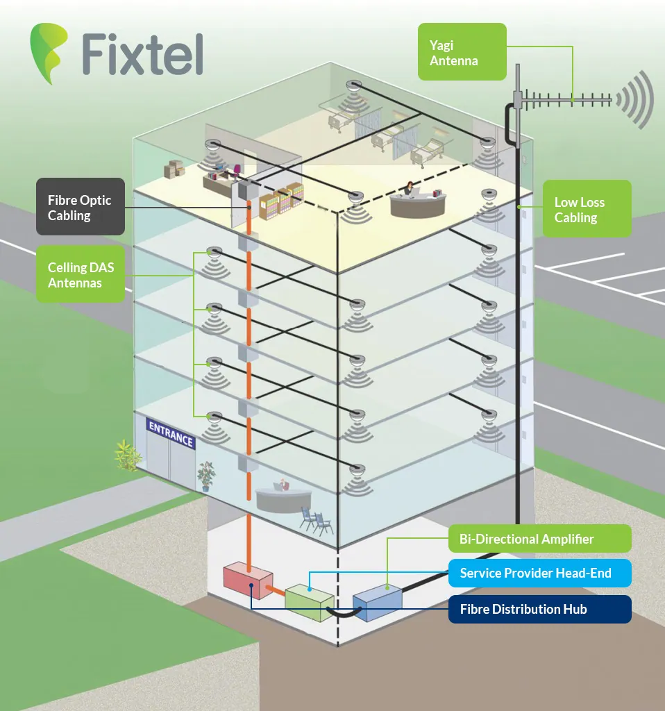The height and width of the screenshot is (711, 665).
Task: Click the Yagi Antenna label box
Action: pos(461,53)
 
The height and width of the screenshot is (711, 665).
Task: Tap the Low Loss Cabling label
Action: pos(587,209)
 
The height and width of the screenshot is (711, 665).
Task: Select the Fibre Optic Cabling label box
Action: pos(81,207)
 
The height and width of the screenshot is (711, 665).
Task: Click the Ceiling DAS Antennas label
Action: pos(81,275)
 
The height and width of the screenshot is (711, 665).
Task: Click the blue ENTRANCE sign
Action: pos(170,433)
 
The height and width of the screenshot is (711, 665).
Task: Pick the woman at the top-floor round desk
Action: pos(410,189)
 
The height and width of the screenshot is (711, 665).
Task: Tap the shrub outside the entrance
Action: pos(128,455)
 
